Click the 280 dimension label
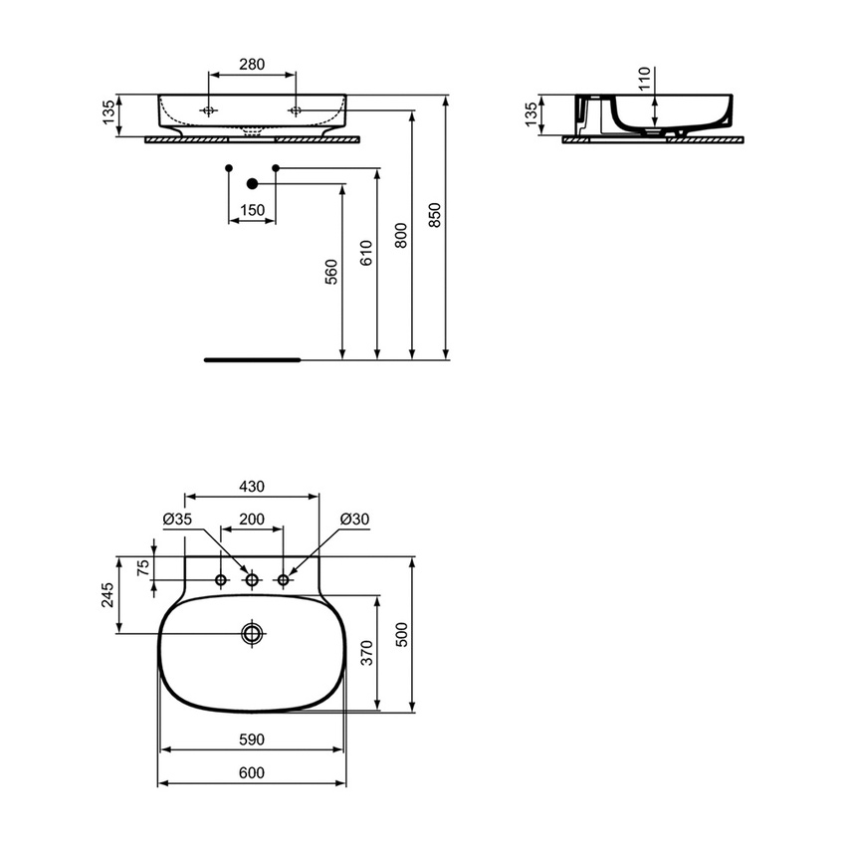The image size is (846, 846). pyautogui.click(x=252, y=65)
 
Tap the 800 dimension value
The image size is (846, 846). pyautogui.click(x=400, y=235)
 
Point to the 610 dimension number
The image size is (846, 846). pyautogui.click(x=365, y=254)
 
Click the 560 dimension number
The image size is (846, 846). pyautogui.click(x=331, y=272)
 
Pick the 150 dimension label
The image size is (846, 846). pyautogui.click(x=253, y=210)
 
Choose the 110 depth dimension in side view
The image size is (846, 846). pyautogui.click(x=643, y=80)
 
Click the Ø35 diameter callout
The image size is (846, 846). pyautogui.click(x=177, y=520)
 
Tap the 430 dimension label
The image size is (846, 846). pyautogui.click(x=252, y=487)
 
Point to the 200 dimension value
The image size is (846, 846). pyautogui.click(x=252, y=520)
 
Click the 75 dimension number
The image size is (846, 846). pyautogui.click(x=143, y=567)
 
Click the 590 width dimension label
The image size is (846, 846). pyautogui.click(x=252, y=740)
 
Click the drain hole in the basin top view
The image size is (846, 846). pyautogui.click(x=252, y=633)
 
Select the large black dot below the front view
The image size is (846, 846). pyautogui.click(x=252, y=183)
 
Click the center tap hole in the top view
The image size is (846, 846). pyautogui.click(x=252, y=579)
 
